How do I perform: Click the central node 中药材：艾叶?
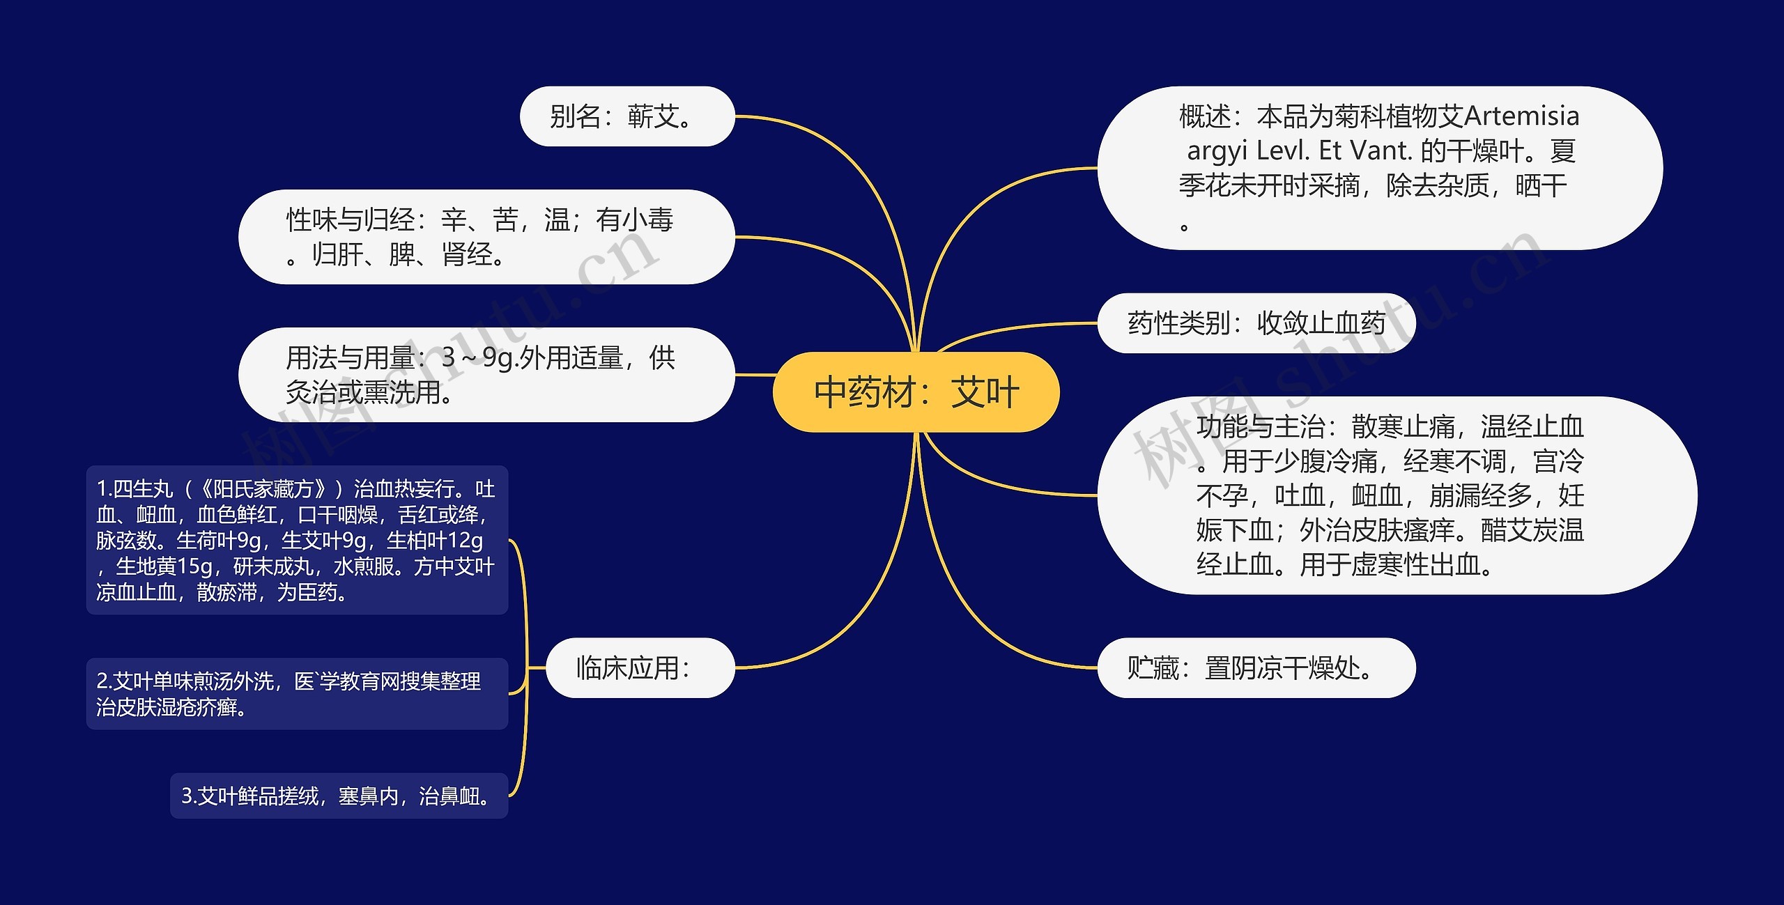[916, 392]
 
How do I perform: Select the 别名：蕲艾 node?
[626, 116]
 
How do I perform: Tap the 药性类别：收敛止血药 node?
[1256, 323]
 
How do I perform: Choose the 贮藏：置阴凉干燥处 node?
[1256, 667]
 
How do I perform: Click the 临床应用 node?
[640, 667]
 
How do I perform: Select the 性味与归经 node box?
[486, 237]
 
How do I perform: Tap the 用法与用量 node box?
[486, 375]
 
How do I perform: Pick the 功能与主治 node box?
[1397, 495]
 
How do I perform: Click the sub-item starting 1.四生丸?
[297, 540]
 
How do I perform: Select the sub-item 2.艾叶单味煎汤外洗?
[297, 694]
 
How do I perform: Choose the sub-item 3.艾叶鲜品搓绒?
[339, 796]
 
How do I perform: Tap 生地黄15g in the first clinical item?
[164, 566]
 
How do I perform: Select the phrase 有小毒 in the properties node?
[634, 220]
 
